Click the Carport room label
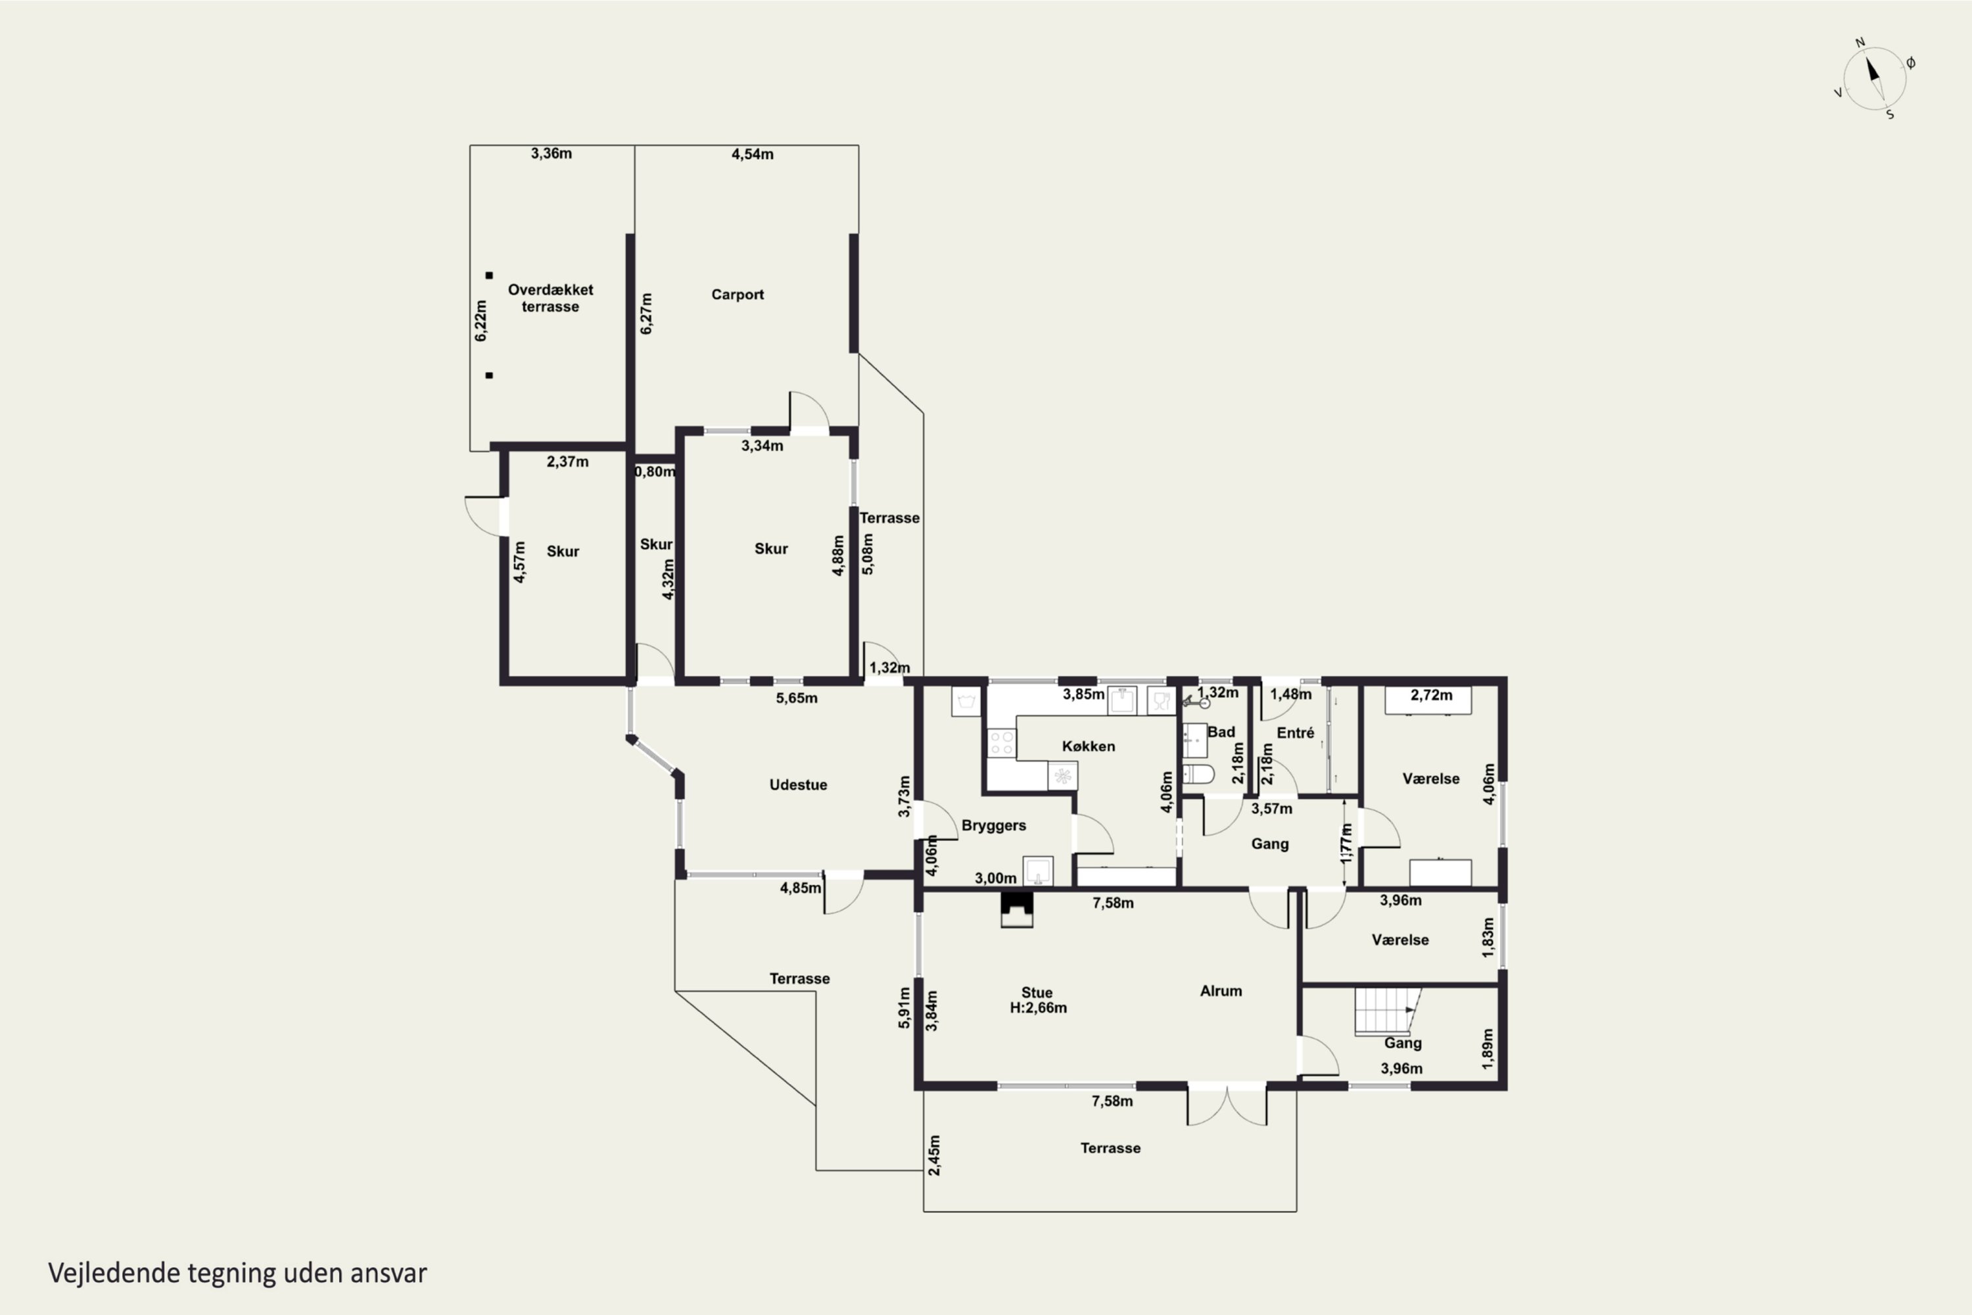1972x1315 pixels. [x=737, y=295]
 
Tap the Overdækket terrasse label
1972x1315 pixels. [x=550, y=298]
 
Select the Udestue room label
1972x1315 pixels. [x=798, y=785]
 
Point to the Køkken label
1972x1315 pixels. [x=1089, y=746]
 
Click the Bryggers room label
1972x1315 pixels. [x=993, y=826]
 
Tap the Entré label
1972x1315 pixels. [x=1296, y=733]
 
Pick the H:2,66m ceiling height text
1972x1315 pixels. [x=1038, y=1008]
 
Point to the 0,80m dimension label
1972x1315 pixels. [x=655, y=472]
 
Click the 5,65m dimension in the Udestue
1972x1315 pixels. [x=797, y=698]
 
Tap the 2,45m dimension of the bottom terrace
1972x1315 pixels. [x=935, y=1155]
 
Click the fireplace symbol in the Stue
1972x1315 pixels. [x=1017, y=910]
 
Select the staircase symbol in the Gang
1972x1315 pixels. [x=1388, y=1011]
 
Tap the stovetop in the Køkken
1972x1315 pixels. [x=1001, y=743]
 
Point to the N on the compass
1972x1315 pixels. [x=1860, y=43]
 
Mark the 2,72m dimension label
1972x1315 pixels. [x=1431, y=695]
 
